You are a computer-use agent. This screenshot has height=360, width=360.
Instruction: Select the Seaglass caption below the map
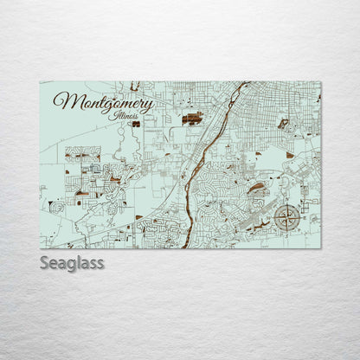(x=72, y=262)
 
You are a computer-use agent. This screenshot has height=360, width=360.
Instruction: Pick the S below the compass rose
(x=286, y=231)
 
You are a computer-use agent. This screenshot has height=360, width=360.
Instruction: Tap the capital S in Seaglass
(x=45, y=262)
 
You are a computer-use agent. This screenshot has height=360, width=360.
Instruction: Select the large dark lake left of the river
(x=191, y=118)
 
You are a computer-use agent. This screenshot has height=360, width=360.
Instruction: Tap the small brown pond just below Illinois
(x=136, y=124)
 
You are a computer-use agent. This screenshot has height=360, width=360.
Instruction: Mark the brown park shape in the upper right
(x=283, y=124)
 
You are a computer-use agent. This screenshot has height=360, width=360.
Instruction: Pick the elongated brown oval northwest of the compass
(x=257, y=187)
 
